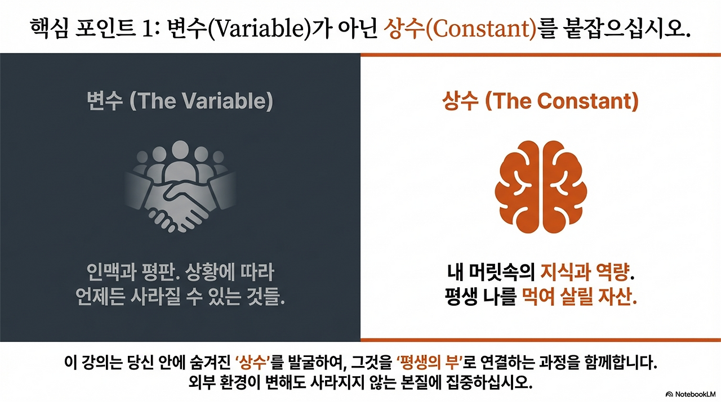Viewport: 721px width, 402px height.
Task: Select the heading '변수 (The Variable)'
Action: point(180,101)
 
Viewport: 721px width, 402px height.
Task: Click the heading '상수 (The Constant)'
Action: point(540,101)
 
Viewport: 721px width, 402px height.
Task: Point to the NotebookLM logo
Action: point(691,394)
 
